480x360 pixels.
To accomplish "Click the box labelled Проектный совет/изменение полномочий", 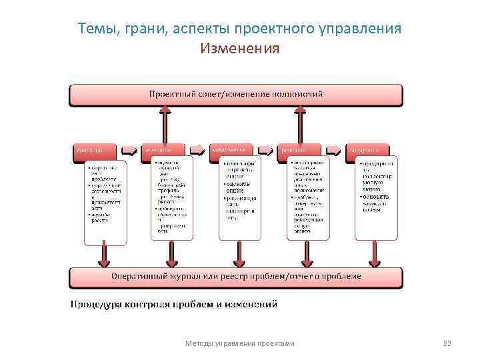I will [235, 95].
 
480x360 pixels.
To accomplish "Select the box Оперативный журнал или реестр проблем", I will [235, 276].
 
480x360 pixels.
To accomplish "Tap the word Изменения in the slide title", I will [239, 49].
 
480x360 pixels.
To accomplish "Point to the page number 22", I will [447, 343].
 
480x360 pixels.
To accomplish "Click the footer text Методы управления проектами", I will [239, 343].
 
